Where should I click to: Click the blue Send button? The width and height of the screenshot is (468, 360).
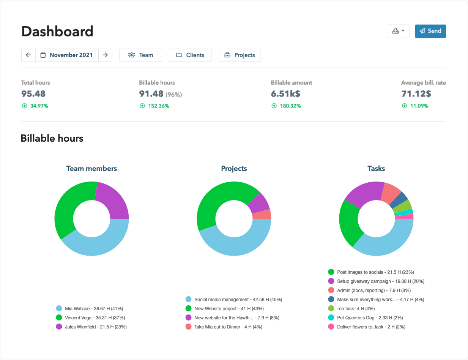click(430, 31)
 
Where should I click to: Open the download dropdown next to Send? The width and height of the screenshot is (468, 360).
click(398, 31)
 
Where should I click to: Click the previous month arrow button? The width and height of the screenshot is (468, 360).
click(28, 55)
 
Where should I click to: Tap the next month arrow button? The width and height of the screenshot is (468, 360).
click(105, 55)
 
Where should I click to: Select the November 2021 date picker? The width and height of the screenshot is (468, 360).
click(67, 55)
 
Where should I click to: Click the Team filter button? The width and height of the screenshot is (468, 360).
click(140, 55)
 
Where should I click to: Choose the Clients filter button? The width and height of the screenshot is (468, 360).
click(190, 55)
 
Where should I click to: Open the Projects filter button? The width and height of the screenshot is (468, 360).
click(240, 55)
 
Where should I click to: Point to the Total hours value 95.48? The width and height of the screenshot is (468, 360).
click(33, 94)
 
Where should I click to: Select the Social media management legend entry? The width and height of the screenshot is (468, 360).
click(233, 299)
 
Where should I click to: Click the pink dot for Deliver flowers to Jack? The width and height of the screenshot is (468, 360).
click(331, 327)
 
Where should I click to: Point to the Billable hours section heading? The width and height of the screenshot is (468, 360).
click(52, 138)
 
